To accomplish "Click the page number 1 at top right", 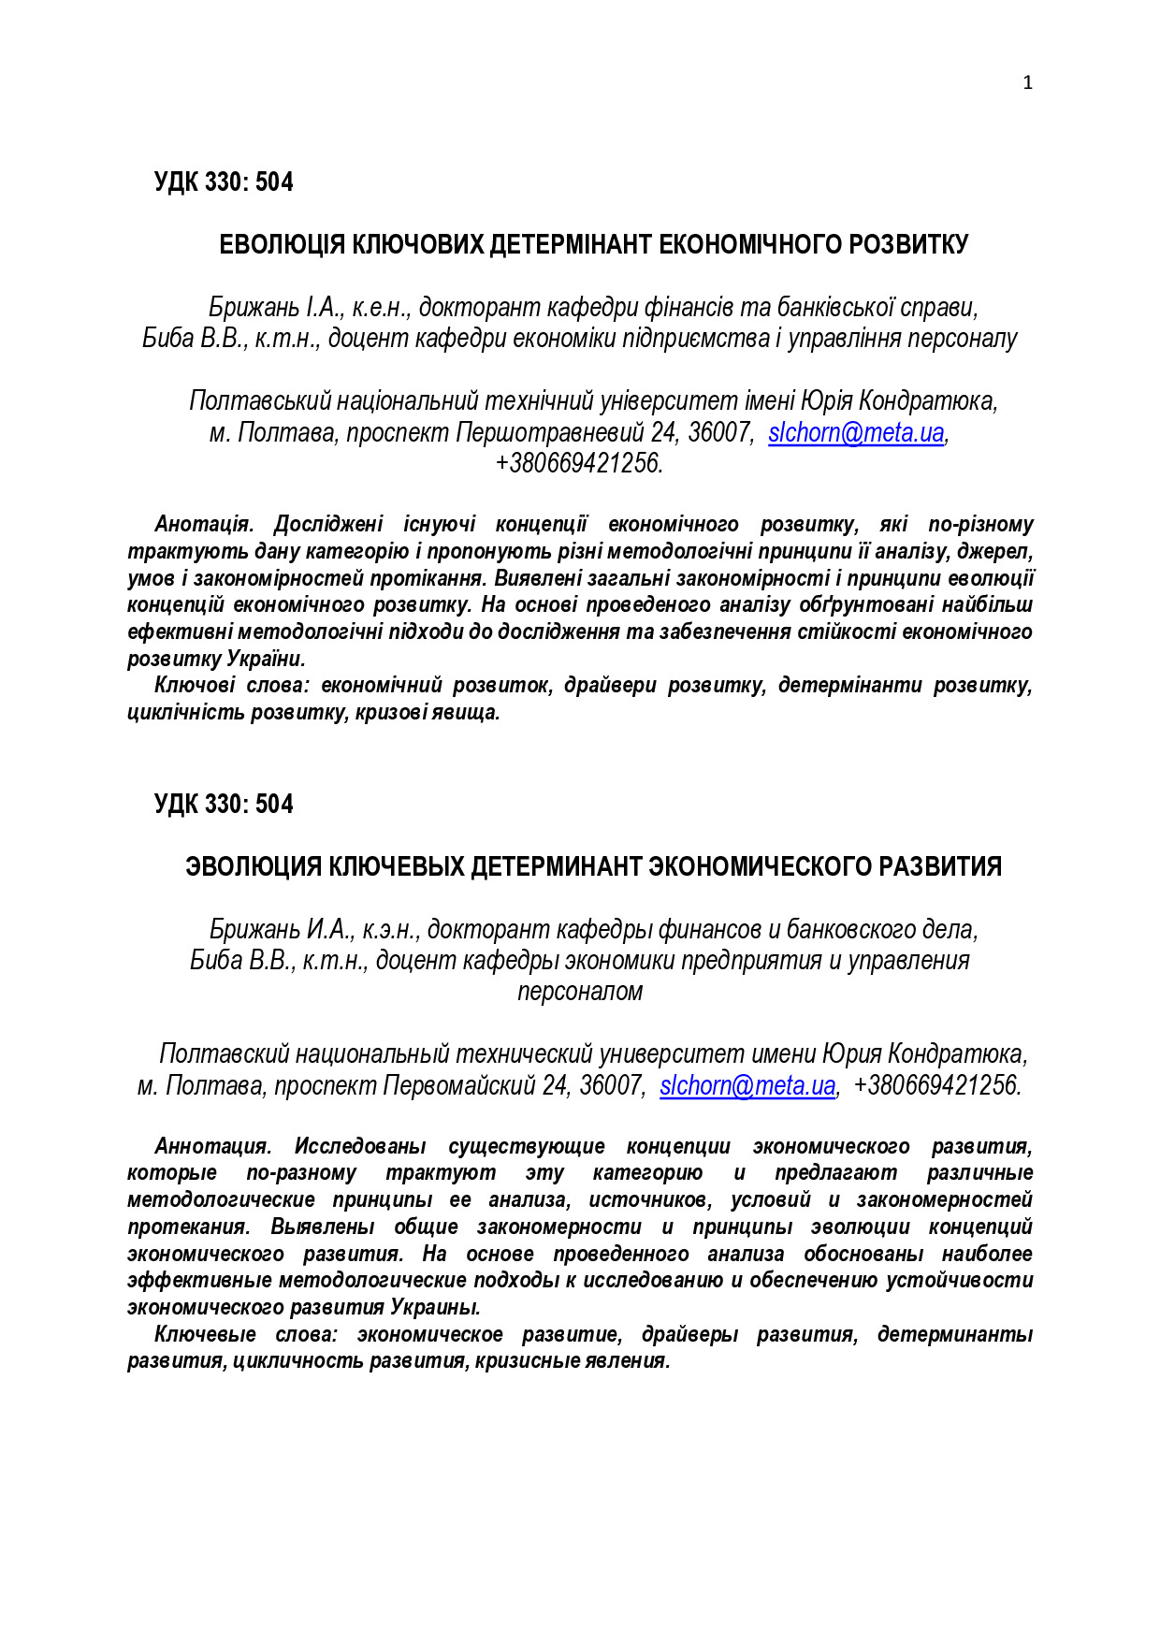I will [x=1027, y=83].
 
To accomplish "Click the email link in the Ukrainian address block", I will [x=855, y=432].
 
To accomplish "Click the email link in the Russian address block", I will [x=747, y=1085].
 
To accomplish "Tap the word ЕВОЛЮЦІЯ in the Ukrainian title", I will [x=282, y=245].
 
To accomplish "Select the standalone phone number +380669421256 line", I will [x=579, y=463].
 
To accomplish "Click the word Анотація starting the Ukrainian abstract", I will [x=203, y=524].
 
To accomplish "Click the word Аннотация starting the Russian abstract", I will [x=212, y=1146].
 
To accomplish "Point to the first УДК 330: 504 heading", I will [x=224, y=182].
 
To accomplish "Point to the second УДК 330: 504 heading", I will [x=224, y=805].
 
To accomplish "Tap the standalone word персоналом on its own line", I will [x=580, y=992].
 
